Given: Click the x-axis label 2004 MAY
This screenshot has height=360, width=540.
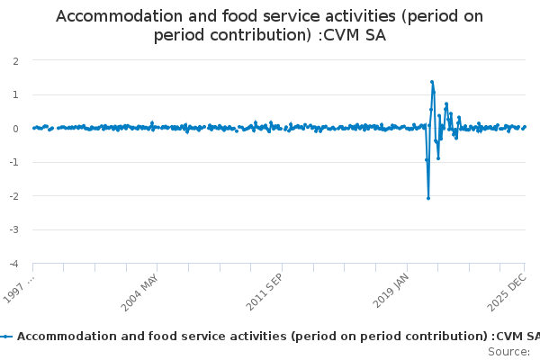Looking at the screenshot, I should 141,290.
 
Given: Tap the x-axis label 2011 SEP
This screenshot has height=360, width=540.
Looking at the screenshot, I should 265,290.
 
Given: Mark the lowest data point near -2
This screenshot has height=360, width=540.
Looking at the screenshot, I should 428,198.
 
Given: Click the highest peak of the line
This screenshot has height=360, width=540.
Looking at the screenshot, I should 432,82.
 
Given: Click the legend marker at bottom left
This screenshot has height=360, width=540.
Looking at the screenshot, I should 7,336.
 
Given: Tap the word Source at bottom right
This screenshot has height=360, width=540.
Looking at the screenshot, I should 508,350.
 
